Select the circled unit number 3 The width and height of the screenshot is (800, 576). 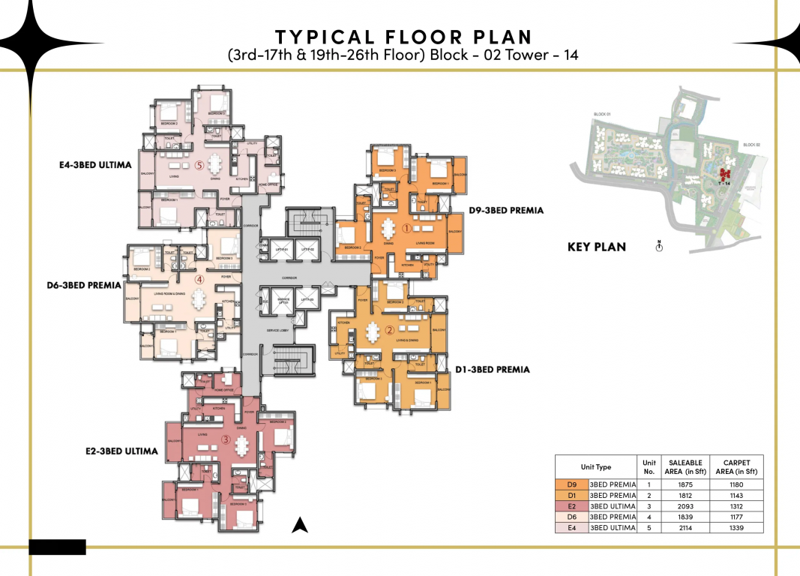[226, 441]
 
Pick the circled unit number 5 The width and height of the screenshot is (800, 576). [199, 165]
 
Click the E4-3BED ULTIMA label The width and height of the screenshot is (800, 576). [96, 165]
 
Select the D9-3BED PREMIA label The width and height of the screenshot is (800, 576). [506, 211]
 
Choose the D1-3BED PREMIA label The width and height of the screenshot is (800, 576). [493, 369]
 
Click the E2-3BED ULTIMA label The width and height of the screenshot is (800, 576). [121, 451]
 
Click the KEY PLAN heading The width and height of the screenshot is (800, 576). [596, 247]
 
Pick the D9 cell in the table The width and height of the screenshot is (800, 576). [571, 484]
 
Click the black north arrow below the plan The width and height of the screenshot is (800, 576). [300, 525]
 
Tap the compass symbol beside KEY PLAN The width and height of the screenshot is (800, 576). [659, 246]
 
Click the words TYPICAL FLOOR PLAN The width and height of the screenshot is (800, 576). [403, 37]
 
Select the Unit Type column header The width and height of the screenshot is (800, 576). [596, 466]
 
